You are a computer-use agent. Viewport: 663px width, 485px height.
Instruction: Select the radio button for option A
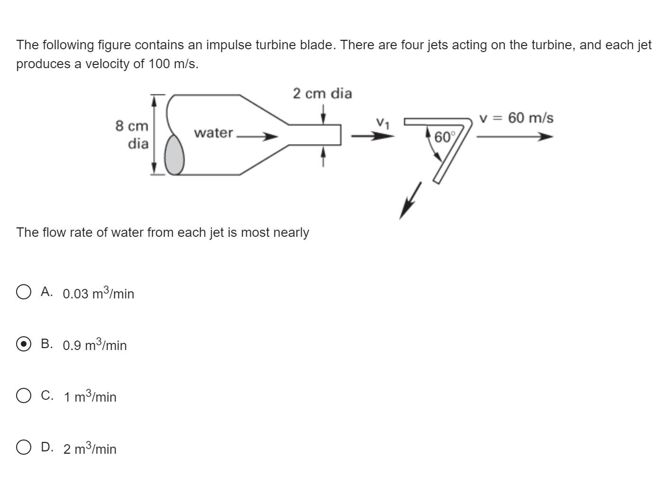click(24, 292)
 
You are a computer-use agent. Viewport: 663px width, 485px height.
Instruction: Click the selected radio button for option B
click(24, 343)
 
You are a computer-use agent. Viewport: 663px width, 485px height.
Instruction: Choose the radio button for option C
click(24, 395)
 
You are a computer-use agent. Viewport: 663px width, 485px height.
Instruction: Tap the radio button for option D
click(24, 447)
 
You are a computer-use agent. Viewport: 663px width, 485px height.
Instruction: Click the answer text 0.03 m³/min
click(99, 293)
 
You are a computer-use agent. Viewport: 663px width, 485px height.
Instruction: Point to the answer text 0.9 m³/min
click(95, 345)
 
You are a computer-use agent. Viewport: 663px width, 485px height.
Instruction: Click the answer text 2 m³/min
click(90, 449)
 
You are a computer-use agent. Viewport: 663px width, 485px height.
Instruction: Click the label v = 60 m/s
click(516, 118)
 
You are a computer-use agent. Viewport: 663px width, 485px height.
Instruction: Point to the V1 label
click(383, 123)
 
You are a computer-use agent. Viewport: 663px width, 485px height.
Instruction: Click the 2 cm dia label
click(323, 93)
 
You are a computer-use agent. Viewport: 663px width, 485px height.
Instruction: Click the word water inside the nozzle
click(214, 133)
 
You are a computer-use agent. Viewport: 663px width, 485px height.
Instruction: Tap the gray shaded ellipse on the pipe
click(174, 154)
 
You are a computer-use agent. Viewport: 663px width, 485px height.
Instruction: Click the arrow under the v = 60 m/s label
click(514, 137)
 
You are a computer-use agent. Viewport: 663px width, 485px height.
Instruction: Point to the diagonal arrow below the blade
click(410, 200)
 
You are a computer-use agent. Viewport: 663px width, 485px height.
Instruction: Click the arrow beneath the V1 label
click(372, 136)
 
